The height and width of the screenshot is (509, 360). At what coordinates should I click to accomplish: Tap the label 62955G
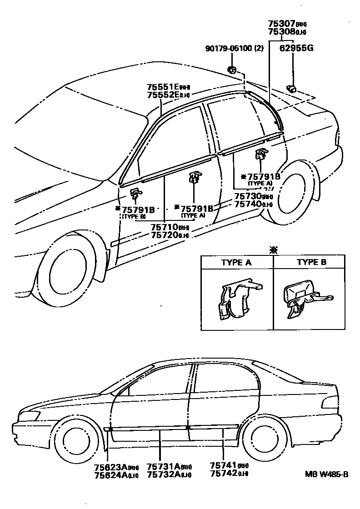(297, 48)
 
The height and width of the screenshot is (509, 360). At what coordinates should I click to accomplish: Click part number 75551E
(163, 87)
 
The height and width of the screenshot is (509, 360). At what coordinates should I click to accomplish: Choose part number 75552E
(163, 95)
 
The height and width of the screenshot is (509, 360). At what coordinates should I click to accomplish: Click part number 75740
(247, 204)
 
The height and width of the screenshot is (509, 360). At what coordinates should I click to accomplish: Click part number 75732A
(163, 475)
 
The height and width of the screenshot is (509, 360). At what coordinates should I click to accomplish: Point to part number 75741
(223, 467)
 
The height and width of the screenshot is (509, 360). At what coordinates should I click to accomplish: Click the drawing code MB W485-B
(326, 475)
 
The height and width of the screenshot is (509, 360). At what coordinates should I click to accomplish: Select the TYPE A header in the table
(236, 262)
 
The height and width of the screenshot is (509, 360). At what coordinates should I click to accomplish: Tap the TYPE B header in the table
(311, 262)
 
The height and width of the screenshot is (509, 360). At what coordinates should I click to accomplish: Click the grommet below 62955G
(291, 88)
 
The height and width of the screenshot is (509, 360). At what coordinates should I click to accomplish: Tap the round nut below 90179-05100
(231, 70)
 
